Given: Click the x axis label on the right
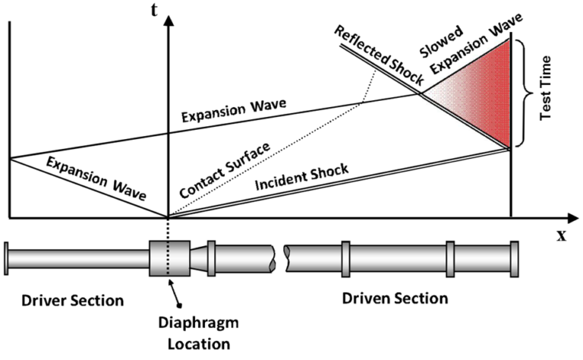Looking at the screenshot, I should [562, 235].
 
